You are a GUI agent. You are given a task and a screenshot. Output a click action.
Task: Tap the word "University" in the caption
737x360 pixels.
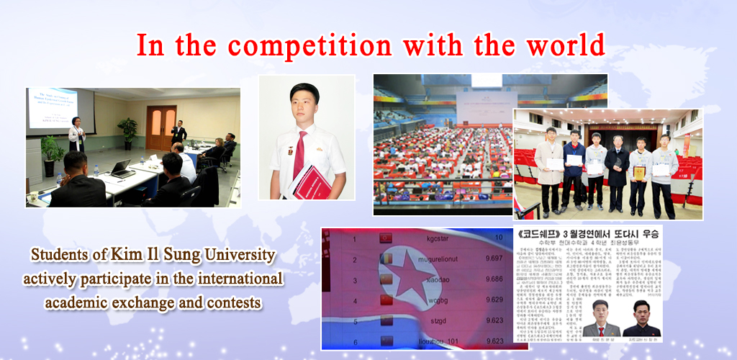click(227, 255)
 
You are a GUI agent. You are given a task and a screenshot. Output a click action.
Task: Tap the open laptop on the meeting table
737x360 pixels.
click(121, 170)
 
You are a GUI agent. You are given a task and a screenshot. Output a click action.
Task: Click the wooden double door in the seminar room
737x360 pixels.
click(160, 127)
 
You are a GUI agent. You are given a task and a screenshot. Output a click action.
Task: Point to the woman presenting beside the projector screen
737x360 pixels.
click(76, 137)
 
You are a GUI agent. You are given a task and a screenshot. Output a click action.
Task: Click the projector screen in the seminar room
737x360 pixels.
click(60, 110)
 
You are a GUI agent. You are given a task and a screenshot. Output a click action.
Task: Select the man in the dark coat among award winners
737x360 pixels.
click(616, 169)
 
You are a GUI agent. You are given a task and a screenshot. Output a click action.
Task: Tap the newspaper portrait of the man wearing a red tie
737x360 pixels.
click(601, 318)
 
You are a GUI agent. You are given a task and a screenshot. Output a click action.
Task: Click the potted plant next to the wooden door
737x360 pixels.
click(128, 132)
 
